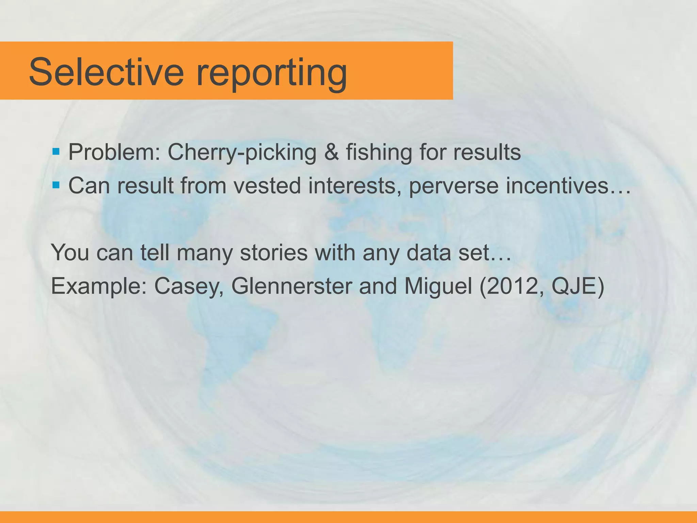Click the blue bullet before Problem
click(x=56, y=151)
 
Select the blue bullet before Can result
click(x=56, y=185)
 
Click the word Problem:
click(x=114, y=152)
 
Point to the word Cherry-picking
click(x=242, y=153)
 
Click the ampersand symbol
click(x=331, y=152)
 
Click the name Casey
click(x=189, y=287)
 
